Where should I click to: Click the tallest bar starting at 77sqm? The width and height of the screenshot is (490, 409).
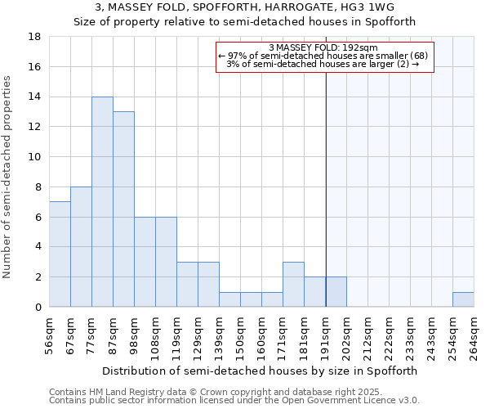(x=102, y=202)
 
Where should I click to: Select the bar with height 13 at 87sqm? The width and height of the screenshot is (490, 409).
(x=123, y=209)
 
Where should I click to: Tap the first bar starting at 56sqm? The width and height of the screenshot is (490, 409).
(x=60, y=254)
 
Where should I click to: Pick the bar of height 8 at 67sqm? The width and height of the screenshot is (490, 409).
(x=81, y=247)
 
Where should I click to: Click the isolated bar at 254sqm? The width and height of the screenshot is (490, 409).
(x=463, y=299)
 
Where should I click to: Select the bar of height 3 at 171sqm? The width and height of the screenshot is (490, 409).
(x=293, y=285)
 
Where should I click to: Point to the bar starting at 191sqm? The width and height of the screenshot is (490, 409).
(x=336, y=292)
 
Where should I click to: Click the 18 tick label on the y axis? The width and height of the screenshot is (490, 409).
(x=35, y=37)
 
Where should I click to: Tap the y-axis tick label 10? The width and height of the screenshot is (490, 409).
(x=35, y=157)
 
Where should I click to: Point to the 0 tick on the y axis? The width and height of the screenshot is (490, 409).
(x=38, y=307)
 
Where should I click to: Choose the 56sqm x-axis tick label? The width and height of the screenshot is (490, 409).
(x=49, y=334)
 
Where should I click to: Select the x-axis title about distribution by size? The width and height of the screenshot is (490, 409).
(x=261, y=371)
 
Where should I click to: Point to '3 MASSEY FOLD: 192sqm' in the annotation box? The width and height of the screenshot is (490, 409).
(x=324, y=48)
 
